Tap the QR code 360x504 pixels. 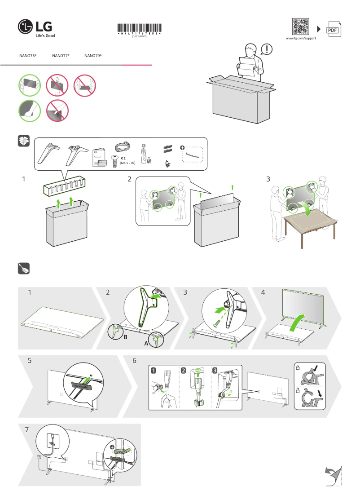click(301, 27)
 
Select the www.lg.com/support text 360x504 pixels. click(301, 39)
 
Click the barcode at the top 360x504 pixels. click(139, 28)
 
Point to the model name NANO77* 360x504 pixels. click(61, 56)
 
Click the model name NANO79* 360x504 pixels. click(93, 56)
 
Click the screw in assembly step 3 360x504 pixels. click(217, 321)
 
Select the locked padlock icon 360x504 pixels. click(298, 367)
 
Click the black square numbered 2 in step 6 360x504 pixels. click(184, 371)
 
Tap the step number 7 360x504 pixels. click(27, 429)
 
